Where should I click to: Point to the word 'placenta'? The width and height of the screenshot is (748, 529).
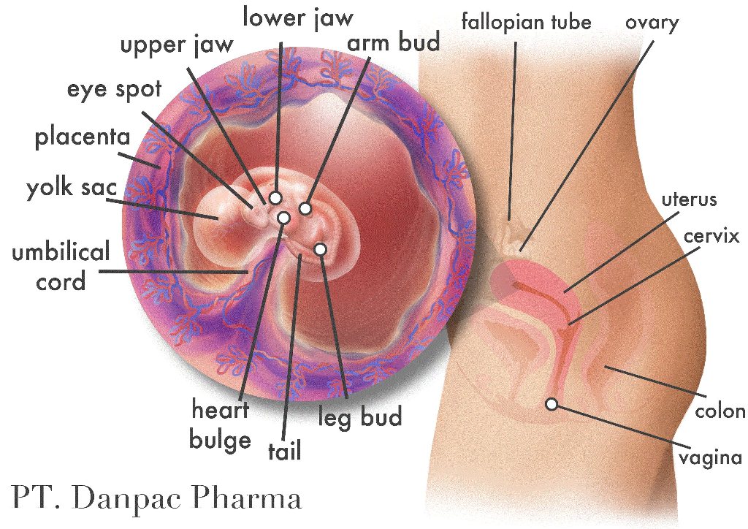pos(82,137)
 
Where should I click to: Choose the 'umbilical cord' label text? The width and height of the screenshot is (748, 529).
pos(61,266)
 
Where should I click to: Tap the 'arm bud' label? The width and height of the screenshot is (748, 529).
pos(394,43)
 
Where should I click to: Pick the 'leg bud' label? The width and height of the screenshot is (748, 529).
pos(360,418)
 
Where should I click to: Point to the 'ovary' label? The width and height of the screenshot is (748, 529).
pos(652,22)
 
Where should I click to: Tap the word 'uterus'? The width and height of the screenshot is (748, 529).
pos(689,199)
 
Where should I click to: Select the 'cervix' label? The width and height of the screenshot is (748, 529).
pos(712,236)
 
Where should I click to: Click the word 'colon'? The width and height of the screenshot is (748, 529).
pos(720,411)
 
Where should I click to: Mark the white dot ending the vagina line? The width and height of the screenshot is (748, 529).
pos(552,403)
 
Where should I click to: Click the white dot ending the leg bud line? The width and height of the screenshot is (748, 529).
pos(320,250)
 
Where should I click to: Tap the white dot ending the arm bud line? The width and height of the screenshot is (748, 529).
pos(305,209)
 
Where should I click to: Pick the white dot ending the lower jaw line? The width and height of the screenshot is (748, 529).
pos(275,197)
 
